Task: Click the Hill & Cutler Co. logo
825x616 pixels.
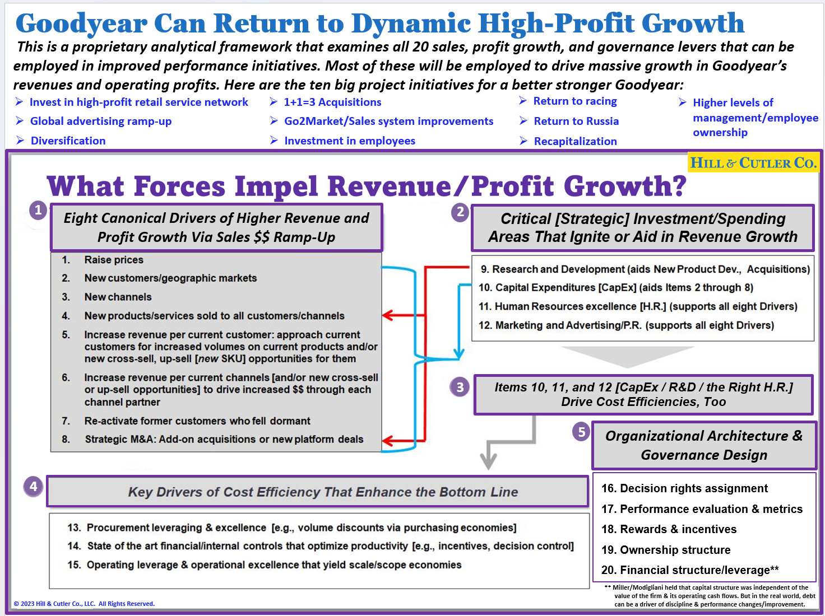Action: click(753, 163)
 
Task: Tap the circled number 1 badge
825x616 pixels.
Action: click(38, 210)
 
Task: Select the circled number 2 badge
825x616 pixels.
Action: click(460, 212)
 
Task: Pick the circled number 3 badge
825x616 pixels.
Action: click(460, 386)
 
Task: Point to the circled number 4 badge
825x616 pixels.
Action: click(34, 486)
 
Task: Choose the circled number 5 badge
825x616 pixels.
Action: click(581, 432)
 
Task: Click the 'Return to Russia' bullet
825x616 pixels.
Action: click(576, 121)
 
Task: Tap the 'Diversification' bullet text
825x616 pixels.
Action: click(68, 141)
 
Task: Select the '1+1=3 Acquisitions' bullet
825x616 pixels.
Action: click(332, 102)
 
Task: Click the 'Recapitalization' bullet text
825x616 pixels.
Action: click(575, 141)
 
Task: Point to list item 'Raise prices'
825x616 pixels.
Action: click(114, 260)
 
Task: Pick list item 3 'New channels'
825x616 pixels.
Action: click(118, 297)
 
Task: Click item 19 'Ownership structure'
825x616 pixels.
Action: click(666, 550)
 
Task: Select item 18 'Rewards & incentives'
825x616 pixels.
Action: click(669, 529)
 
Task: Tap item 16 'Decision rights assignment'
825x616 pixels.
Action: click(684, 488)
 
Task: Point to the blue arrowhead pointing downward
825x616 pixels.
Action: click(459, 354)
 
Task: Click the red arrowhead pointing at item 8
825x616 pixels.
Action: click(389, 441)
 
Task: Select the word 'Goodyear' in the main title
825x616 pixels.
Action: click(81, 24)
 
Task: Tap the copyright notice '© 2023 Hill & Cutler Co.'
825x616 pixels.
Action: click(84, 604)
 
